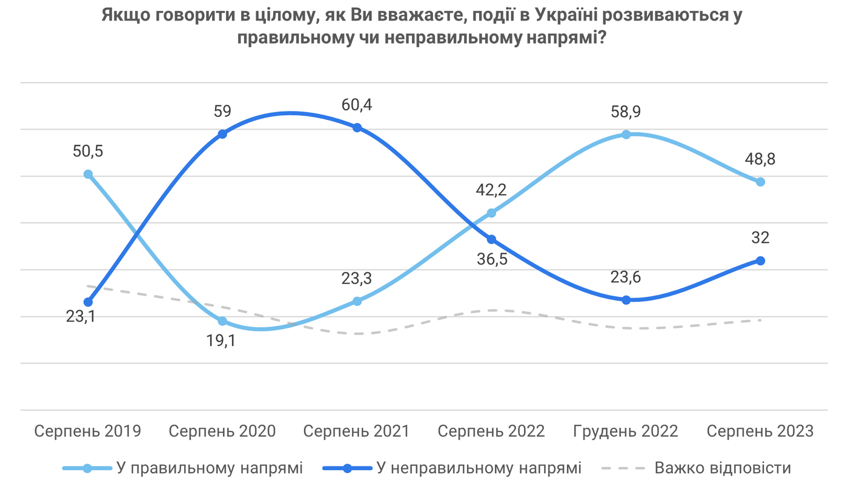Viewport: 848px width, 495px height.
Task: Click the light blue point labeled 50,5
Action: (88, 174)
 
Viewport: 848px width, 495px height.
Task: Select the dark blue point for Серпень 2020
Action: (222, 134)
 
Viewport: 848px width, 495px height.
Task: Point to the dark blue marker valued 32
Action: (761, 261)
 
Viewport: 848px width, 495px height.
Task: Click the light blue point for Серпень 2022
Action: (492, 213)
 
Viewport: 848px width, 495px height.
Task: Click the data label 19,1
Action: (222, 341)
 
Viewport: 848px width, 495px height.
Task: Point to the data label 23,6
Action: (626, 277)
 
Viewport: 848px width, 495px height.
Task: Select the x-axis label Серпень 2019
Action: (88, 431)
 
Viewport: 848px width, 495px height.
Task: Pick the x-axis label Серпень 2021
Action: (357, 431)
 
